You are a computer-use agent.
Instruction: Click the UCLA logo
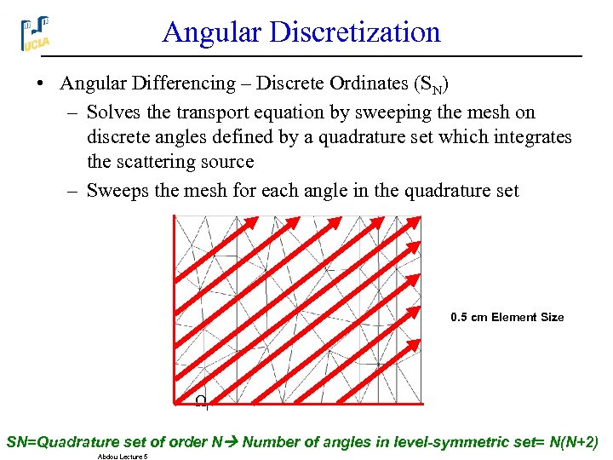click(35, 33)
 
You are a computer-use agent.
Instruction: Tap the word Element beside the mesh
click(515, 317)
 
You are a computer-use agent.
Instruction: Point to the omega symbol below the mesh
click(200, 400)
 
